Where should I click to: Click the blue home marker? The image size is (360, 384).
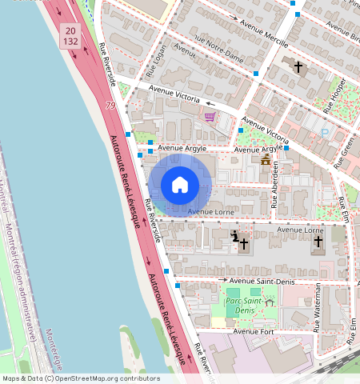coord(180,185)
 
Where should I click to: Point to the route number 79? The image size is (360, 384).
coord(110,106)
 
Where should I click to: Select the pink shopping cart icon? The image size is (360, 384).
coord(210,118)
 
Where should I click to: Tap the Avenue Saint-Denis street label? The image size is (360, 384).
coord(258,281)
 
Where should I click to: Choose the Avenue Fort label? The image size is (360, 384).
coord(254,331)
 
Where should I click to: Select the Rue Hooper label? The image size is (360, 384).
coord(333,94)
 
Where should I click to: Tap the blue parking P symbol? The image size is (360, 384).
coord(324,133)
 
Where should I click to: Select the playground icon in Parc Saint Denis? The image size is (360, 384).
coord(270,302)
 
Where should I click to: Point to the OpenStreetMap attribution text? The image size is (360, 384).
coord(80,378)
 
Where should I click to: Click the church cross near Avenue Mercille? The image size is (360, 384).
coord(298,66)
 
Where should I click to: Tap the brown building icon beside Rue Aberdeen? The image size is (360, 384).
coord(266,160)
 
